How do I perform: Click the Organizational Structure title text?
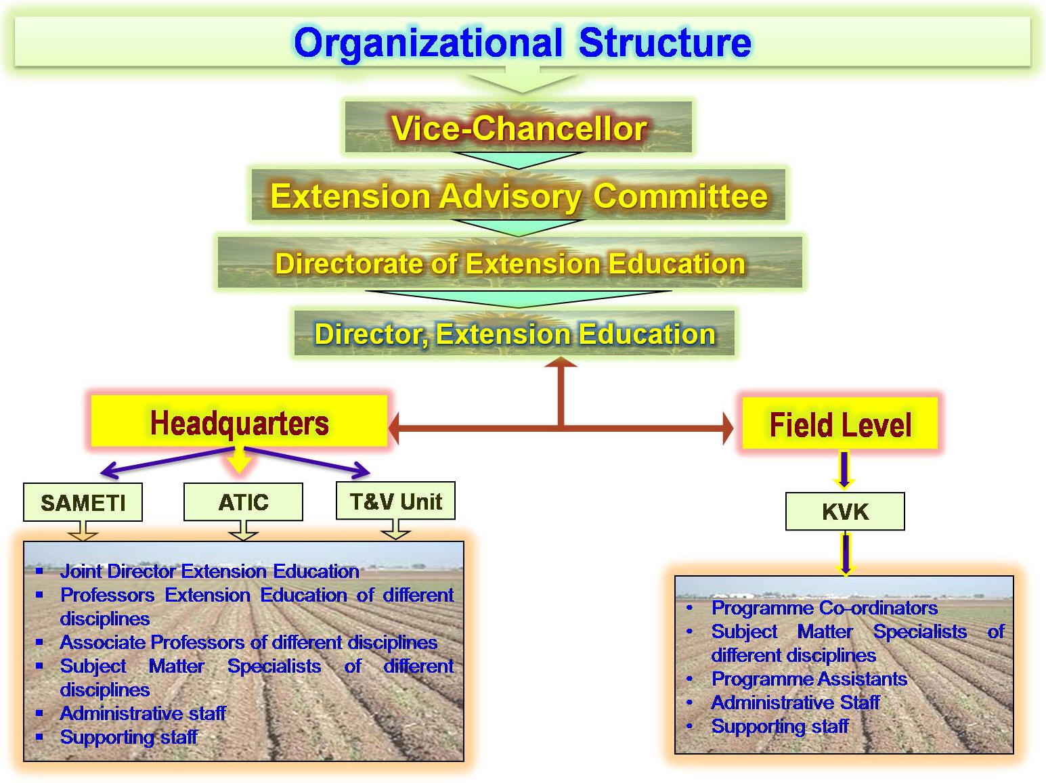pyautogui.click(x=523, y=43)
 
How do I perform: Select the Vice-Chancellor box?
pyautogui.click(x=518, y=127)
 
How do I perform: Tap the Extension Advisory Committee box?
pyautogui.click(x=519, y=195)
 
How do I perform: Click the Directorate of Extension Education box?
pyautogui.click(x=510, y=263)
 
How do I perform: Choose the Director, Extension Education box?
pyautogui.click(x=514, y=333)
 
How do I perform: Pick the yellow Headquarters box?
pyautogui.click(x=239, y=421)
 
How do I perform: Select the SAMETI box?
pyautogui.click(x=83, y=502)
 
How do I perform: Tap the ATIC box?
pyautogui.click(x=244, y=502)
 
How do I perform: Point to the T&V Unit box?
pyautogui.click(x=395, y=501)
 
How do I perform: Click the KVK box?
pyautogui.click(x=845, y=512)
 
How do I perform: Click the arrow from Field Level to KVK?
pyautogui.click(x=844, y=470)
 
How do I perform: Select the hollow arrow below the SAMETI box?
pyautogui.click(x=83, y=531)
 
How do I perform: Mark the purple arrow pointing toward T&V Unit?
pyautogui.click(x=307, y=461)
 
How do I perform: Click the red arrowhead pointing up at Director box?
pyautogui.click(x=561, y=362)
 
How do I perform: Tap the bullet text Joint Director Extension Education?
pyautogui.click(x=210, y=571)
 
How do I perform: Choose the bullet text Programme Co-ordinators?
pyautogui.click(x=825, y=608)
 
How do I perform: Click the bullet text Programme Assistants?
pyautogui.click(x=809, y=679)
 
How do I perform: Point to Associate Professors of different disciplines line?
pyautogui.click(x=248, y=642)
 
